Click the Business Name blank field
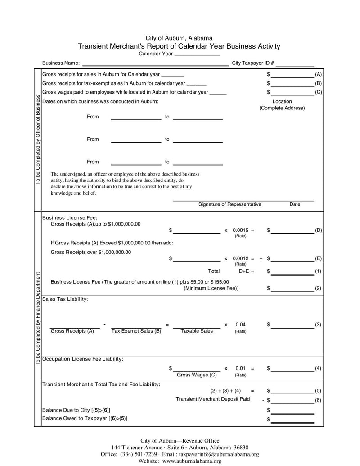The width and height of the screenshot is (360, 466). [155, 63]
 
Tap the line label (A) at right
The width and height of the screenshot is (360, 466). [318, 74]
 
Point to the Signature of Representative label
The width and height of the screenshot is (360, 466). [229, 204]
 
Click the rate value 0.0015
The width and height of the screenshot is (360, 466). [241, 231]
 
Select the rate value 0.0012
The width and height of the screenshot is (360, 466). [241, 259]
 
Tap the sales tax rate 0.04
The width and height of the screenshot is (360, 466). [241, 325]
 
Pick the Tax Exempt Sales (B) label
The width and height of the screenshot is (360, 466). [136, 331]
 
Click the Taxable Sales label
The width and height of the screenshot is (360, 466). [197, 331]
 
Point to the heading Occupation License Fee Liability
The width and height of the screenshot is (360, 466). [82, 359]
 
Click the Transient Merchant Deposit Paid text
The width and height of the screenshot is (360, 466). [212, 399]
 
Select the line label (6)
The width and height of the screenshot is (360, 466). [318, 400]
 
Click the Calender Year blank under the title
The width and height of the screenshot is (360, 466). [197, 54]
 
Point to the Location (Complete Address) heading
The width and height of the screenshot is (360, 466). [282, 105]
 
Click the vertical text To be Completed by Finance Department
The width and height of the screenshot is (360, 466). [38, 318]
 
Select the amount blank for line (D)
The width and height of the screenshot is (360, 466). [292, 231]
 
